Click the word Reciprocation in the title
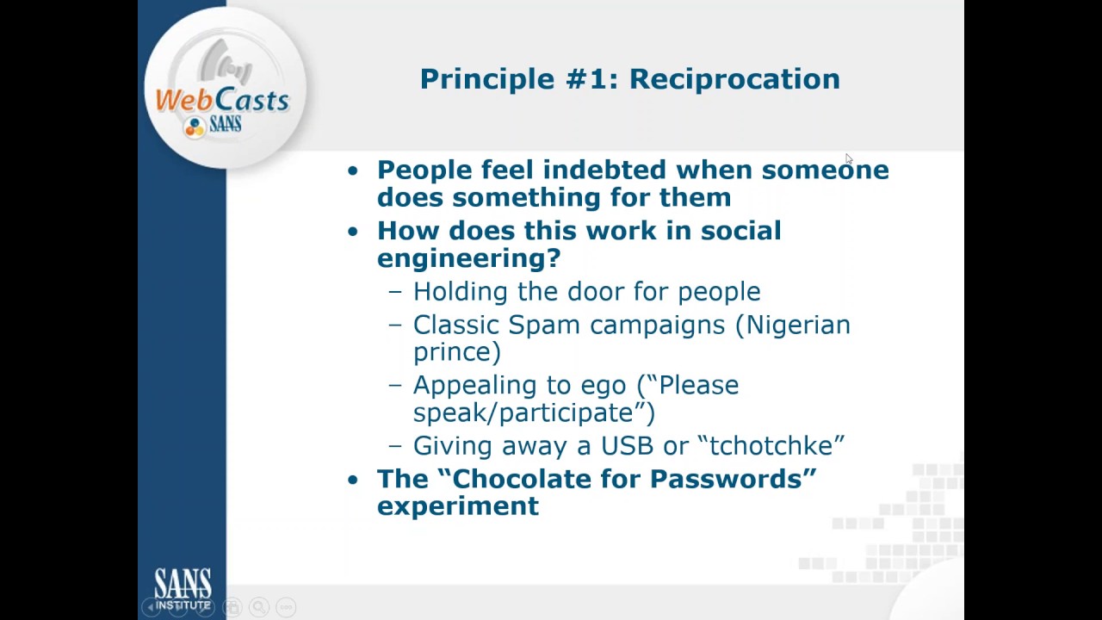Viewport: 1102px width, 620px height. tap(734, 79)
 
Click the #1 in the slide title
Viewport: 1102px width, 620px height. tap(588, 79)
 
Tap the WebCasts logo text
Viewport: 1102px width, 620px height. tap(222, 101)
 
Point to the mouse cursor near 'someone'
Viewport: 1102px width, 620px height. tap(848, 158)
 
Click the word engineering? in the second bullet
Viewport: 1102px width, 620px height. tap(468, 258)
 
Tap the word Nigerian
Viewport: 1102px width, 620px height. tap(797, 325)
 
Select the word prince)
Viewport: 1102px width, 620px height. tap(456, 352)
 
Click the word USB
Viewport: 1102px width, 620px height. tap(628, 446)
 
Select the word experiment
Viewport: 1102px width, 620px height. tap(457, 506)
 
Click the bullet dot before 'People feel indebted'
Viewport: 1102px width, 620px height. tap(352, 170)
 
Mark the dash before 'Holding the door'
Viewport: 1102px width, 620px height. tap(395, 293)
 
